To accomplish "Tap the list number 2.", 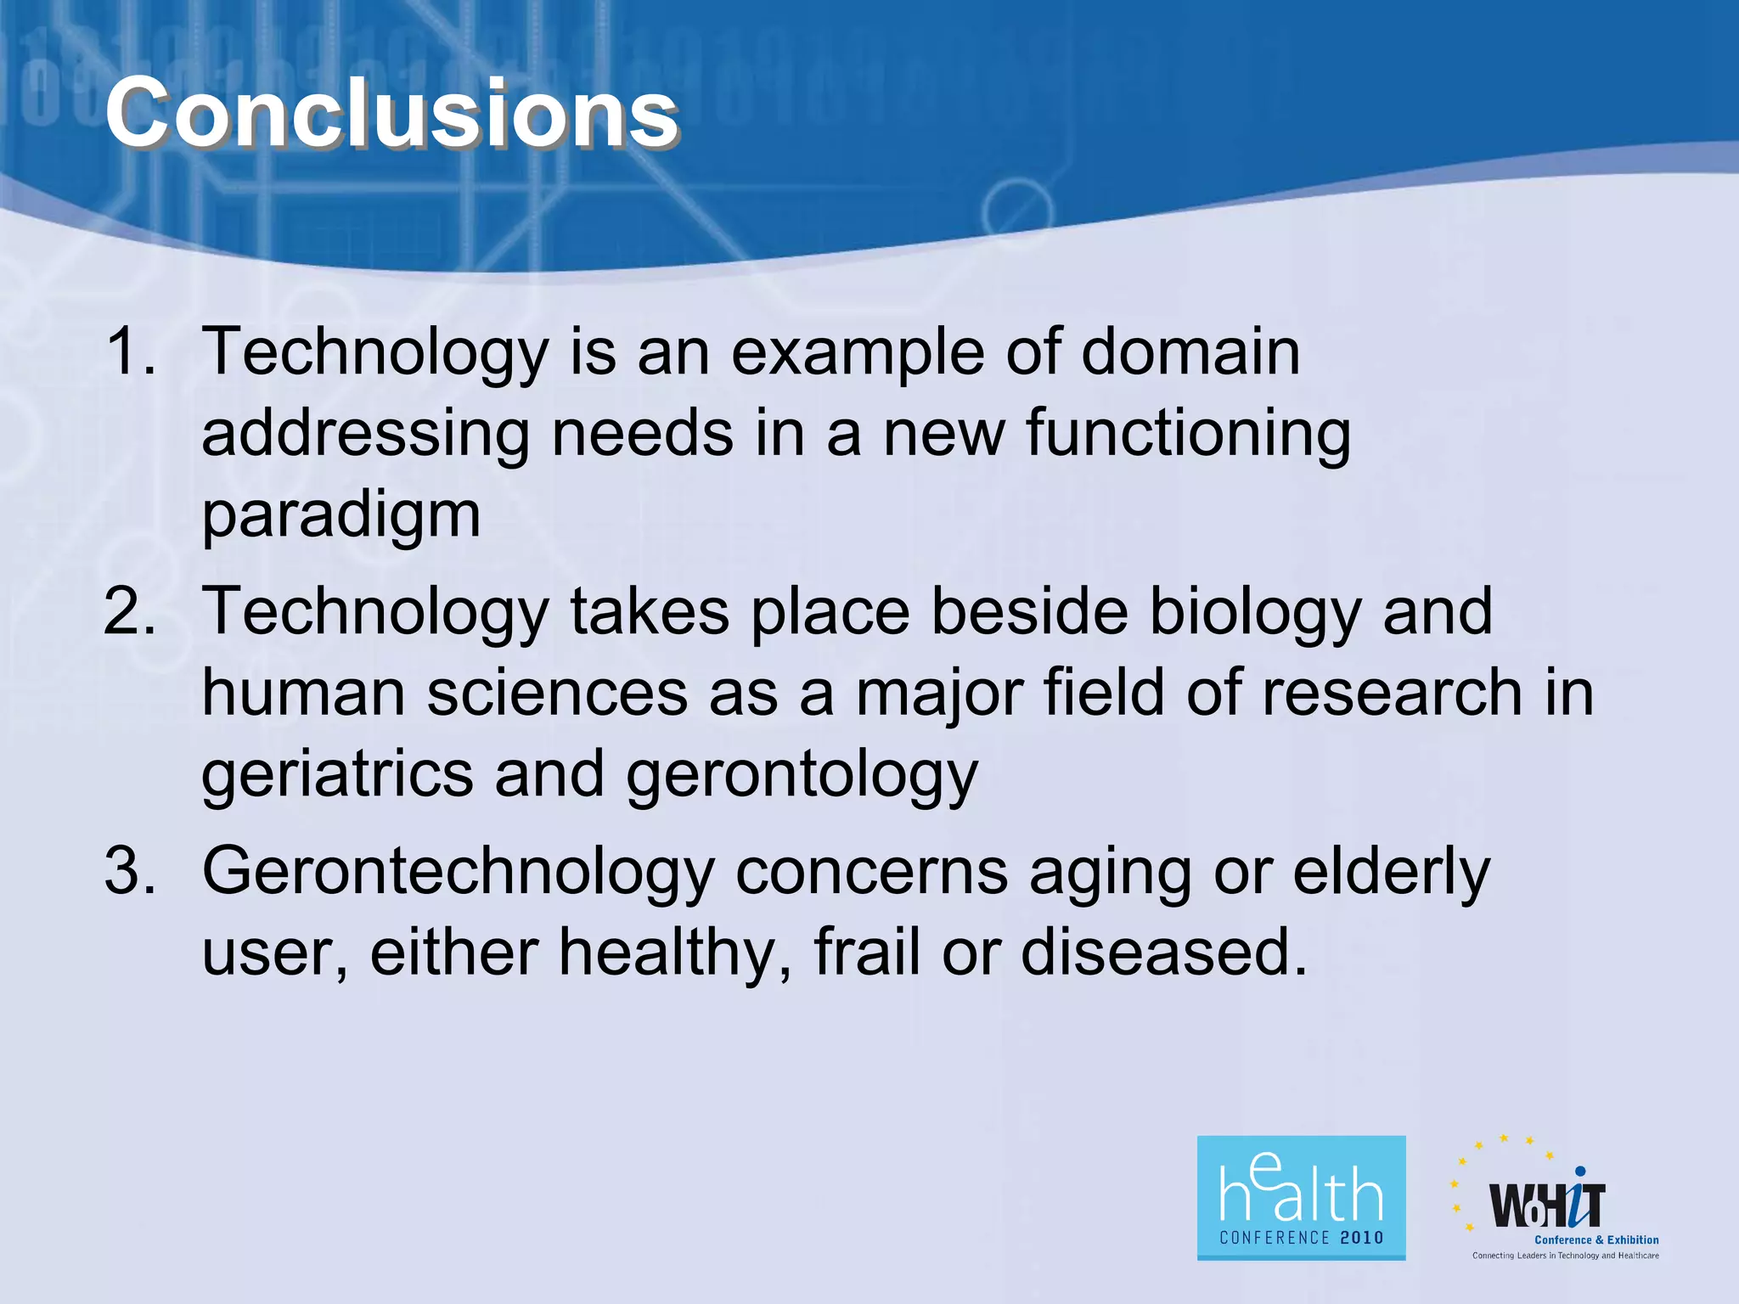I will (x=129, y=610).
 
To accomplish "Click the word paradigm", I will (x=340, y=515).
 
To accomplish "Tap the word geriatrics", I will (x=337, y=775).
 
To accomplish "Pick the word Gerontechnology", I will (x=458, y=873).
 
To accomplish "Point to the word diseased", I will (x=1163, y=952).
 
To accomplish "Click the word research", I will (x=1392, y=693).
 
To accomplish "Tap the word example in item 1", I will (x=858, y=353).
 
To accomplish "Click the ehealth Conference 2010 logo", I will (x=1300, y=1197).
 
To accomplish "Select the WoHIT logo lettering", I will (x=1546, y=1206).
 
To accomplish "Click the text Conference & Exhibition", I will (x=1596, y=1239).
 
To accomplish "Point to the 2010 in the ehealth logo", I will (x=1361, y=1238).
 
